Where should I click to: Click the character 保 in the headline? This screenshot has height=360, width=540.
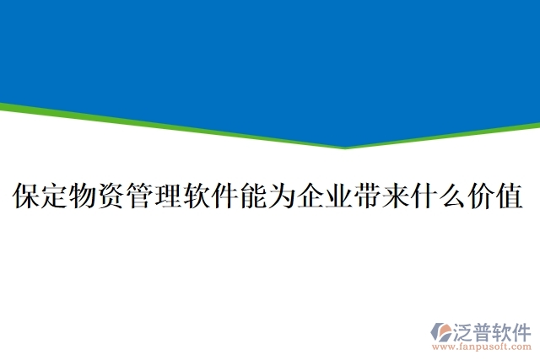coord(26,196)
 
